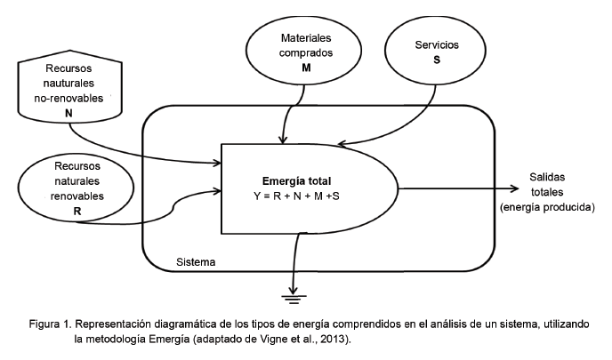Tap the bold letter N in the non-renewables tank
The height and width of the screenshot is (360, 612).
click(68, 113)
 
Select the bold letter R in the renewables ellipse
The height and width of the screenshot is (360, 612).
click(76, 211)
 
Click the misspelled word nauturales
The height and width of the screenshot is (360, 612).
click(68, 84)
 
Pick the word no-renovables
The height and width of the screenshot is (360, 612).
click(68, 97)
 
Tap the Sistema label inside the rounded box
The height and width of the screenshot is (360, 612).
click(196, 263)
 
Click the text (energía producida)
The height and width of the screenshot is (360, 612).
click(547, 207)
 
